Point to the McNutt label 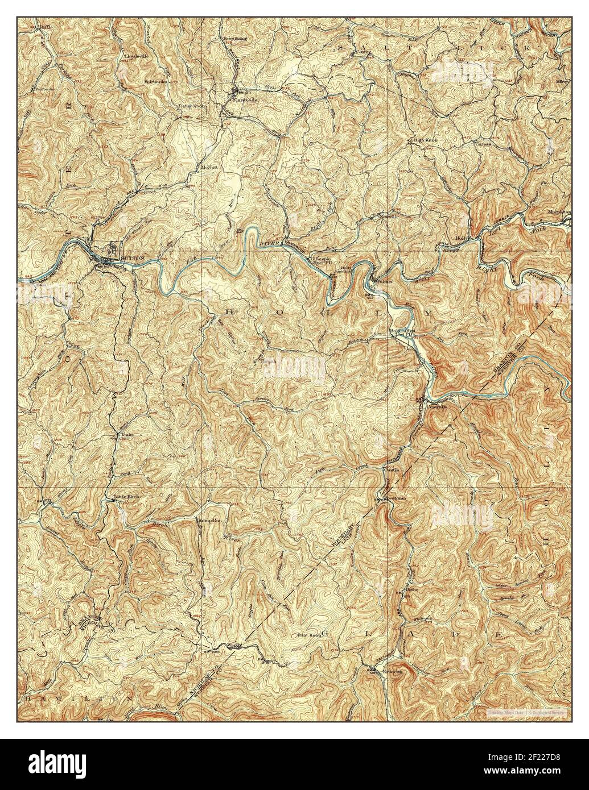(209, 168)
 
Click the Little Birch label (127, 496)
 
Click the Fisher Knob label (191, 106)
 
